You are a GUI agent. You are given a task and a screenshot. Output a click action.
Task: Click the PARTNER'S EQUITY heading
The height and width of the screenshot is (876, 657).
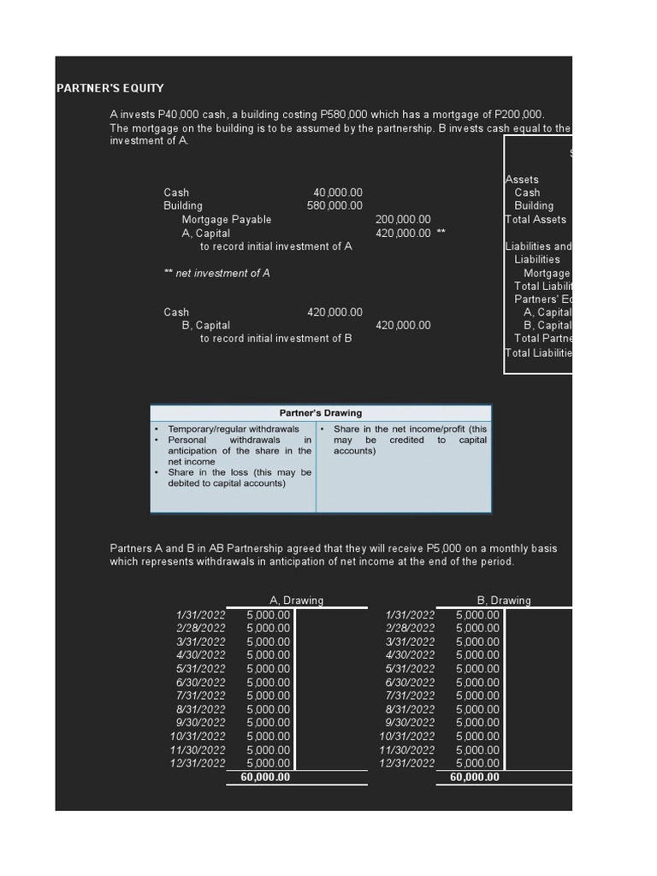tap(110, 88)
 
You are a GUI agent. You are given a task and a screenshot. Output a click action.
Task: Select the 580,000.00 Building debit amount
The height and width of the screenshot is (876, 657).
tap(334, 206)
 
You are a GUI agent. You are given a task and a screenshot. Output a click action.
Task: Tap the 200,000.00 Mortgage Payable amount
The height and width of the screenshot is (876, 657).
tap(403, 220)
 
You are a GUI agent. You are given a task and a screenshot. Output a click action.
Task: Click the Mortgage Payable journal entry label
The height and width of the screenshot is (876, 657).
tap(227, 220)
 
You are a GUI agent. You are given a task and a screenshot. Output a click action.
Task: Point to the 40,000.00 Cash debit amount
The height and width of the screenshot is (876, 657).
tap(338, 192)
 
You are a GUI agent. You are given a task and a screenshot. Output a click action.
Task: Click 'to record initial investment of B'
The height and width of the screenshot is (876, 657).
tap(275, 339)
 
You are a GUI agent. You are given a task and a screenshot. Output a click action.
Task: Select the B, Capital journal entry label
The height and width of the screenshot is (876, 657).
tap(206, 325)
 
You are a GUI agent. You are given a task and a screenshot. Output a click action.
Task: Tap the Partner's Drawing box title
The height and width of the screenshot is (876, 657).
tap(321, 413)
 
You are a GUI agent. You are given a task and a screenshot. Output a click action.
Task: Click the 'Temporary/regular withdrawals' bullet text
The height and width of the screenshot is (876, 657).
tap(234, 429)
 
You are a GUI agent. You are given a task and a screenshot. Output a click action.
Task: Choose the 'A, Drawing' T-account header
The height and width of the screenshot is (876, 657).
tap(296, 601)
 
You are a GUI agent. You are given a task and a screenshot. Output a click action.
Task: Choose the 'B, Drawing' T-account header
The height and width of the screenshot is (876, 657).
tap(504, 601)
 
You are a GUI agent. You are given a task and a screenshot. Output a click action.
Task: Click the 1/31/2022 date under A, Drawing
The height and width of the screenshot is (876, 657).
tap(201, 615)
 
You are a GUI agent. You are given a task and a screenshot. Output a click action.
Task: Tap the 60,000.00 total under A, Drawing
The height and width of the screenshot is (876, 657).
tap(265, 778)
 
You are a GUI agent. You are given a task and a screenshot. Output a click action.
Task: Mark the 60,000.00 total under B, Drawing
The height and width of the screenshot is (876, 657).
tap(475, 778)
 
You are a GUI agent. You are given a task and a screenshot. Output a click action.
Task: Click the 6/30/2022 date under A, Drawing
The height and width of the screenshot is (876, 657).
tap(201, 683)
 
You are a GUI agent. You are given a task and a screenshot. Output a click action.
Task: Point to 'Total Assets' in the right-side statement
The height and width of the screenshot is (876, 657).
tap(536, 220)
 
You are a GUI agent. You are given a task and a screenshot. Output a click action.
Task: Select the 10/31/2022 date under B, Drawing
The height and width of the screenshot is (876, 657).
tap(407, 737)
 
